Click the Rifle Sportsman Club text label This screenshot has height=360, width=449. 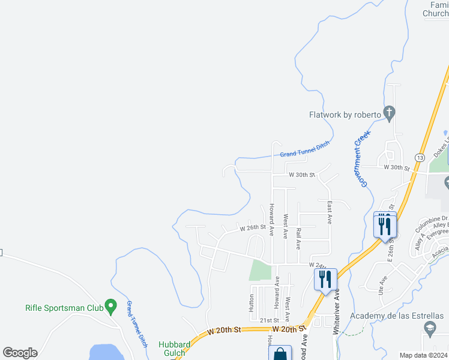pyautogui.click(x=64, y=308)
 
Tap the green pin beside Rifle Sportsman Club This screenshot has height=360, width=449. pyautogui.click(x=110, y=306)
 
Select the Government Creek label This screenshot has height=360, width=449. pyautogui.click(x=361, y=160)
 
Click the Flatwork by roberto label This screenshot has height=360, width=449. pyautogui.click(x=345, y=115)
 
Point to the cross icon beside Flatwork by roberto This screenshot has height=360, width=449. pyautogui.click(x=389, y=112)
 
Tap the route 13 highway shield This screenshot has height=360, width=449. pyautogui.click(x=420, y=157)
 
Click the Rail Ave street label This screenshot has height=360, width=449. pyautogui.click(x=298, y=238)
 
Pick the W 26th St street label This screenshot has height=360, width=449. pyautogui.click(x=253, y=228)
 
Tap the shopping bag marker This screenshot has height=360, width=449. pyautogui.click(x=280, y=354)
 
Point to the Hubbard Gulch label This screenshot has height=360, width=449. pyautogui.click(x=175, y=349)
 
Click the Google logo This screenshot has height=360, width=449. pyautogui.click(x=20, y=353)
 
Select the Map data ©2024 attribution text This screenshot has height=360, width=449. pyautogui.click(x=423, y=355)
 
